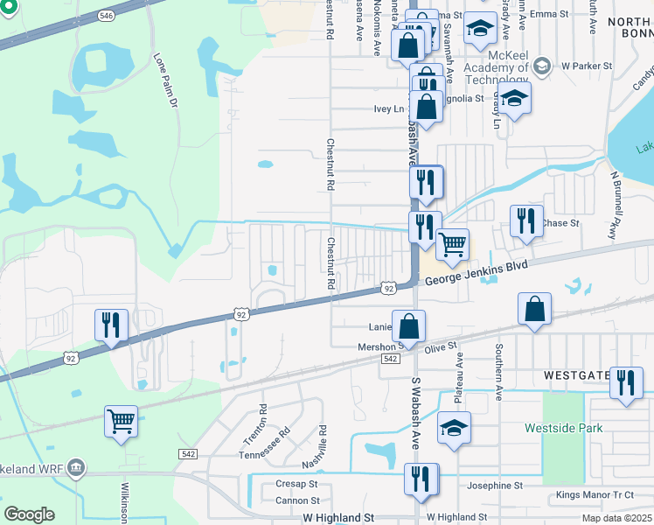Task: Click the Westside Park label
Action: (x=564, y=429)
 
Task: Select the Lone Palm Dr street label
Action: (x=165, y=80)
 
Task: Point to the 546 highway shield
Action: (x=106, y=16)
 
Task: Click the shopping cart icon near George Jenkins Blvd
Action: (x=452, y=244)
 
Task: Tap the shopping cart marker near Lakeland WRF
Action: (x=121, y=421)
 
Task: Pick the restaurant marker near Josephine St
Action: (x=421, y=479)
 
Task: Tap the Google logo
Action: (x=29, y=514)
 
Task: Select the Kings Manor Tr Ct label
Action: (x=595, y=495)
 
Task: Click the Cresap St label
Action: (x=296, y=484)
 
